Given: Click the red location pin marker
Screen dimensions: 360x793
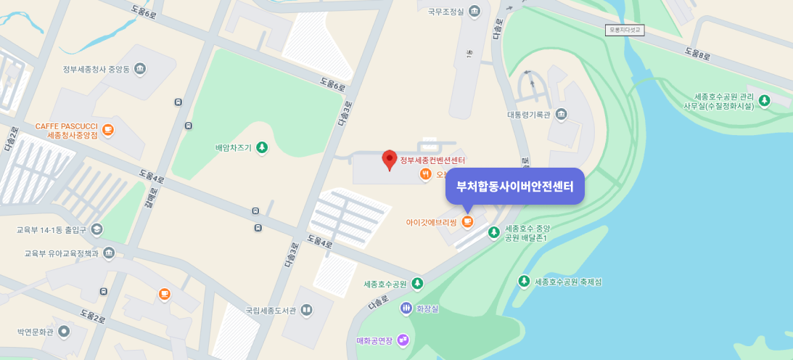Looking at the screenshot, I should point(390,159).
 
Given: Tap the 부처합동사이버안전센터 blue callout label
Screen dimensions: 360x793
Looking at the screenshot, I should point(514,186).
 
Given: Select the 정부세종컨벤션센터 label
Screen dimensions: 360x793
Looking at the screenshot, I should point(432,160).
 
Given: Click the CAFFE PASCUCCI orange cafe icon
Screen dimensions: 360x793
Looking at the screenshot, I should point(107,130).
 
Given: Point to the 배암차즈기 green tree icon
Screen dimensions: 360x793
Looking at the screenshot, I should point(262,147).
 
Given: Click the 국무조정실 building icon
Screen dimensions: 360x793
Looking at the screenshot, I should point(474,12).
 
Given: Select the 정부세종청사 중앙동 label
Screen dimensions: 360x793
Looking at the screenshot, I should point(96,70).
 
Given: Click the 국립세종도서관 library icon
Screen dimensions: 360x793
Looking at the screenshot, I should point(306,310).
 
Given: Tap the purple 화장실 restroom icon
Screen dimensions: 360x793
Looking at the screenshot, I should point(406,308).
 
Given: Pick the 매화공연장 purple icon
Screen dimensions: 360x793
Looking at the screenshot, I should point(403,340).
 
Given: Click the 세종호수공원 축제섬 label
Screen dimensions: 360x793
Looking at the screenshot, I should point(568,282).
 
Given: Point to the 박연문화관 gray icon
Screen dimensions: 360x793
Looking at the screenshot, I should point(64,332).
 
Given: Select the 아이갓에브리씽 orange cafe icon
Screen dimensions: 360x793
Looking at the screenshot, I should point(467,221).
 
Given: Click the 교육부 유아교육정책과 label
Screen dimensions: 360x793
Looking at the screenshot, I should point(61,253).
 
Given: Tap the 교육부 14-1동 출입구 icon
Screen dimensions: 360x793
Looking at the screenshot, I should point(97,229).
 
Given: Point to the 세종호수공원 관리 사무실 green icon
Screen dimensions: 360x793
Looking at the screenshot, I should point(763,101).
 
